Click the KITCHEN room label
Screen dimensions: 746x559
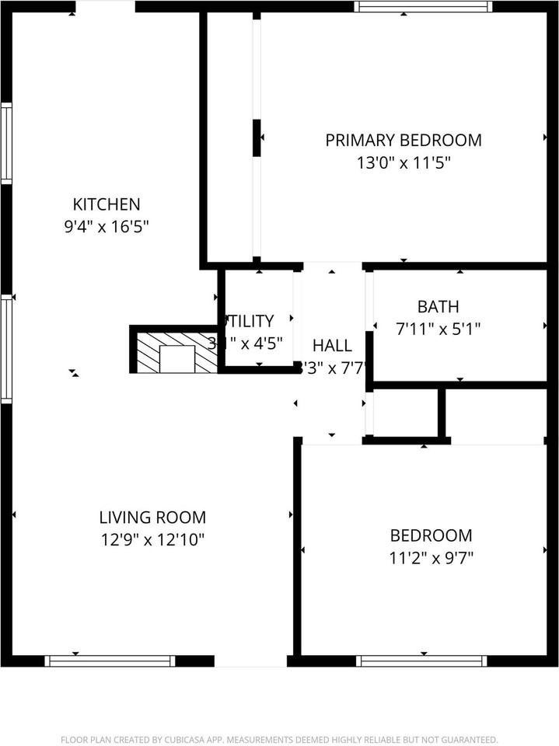pyautogui.click(x=107, y=205)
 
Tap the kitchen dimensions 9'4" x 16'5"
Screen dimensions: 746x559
pyautogui.click(x=107, y=228)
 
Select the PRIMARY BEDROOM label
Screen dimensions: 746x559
pyautogui.click(x=404, y=141)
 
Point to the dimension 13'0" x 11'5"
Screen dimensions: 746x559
pyautogui.click(x=404, y=163)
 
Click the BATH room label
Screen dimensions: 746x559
pyautogui.click(x=438, y=306)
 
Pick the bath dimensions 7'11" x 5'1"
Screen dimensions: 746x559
pyautogui.click(x=438, y=329)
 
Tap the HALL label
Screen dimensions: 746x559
pyautogui.click(x=332, y=346)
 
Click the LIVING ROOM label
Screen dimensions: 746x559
pyautogui.click(x=152, y=518)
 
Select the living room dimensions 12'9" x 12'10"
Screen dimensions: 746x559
pyautogui.click(x=152, y=540)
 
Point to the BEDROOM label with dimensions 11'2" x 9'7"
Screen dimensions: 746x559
pyautogui.click(x=431, y=535)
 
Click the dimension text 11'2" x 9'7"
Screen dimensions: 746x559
pyautogui.click(x=431, y=557)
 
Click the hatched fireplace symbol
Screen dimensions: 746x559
pyautogui.click(x=176, y=352)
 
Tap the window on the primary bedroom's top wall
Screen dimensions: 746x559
pyautogui.click(x=423, y=6)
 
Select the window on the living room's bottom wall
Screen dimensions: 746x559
pyautogui.click(x=110, y=661)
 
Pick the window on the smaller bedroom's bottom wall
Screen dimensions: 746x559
pyautogui.click(x=421, y=661)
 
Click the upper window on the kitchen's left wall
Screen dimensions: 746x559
pyautogui.click(x=6, y=144)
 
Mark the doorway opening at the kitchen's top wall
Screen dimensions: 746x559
pyautogui.click(x=105, y=6)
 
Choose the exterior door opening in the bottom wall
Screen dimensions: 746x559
pyautogui.click(x=250, y=661)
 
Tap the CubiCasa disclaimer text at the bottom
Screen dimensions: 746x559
pyautogui.click(x=279, y=739)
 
